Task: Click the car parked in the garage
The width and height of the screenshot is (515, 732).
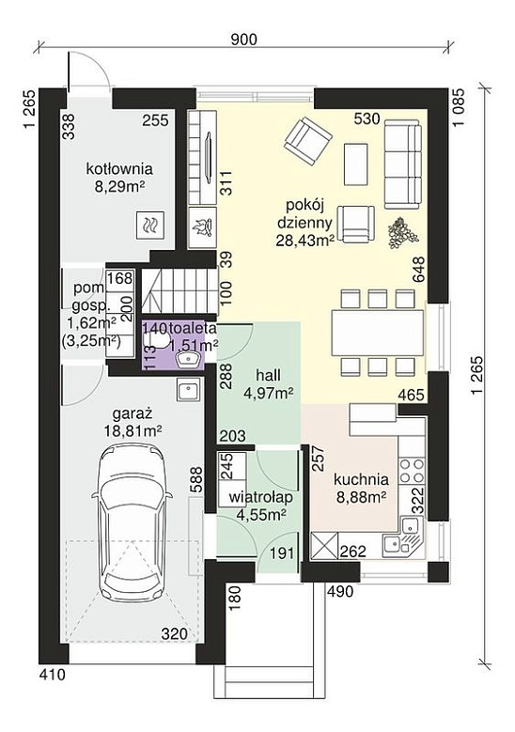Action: point(130,526)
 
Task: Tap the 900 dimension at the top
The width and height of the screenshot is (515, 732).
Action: point(244,39)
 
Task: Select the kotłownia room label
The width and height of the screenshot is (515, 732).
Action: point(119,168)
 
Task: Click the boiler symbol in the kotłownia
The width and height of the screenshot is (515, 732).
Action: point(150,225)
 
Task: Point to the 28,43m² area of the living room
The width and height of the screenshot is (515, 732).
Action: point(304,240)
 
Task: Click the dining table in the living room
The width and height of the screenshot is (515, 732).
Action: point(378,333)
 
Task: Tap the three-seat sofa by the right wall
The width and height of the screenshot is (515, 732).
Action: point(401,164)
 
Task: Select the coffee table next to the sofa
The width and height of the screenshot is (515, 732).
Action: point(357,164)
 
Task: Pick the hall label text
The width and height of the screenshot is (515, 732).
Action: point(268,375)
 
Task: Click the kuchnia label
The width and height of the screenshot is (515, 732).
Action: point(361,479)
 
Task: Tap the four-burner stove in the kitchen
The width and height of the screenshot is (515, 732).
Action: point(412,471)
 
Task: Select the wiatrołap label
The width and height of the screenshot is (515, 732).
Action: point(260,498)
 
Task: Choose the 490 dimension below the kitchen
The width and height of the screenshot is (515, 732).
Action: point(340,592)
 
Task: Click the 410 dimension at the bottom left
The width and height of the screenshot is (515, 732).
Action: point(52,675)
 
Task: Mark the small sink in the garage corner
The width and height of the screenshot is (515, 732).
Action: point(189,390)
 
